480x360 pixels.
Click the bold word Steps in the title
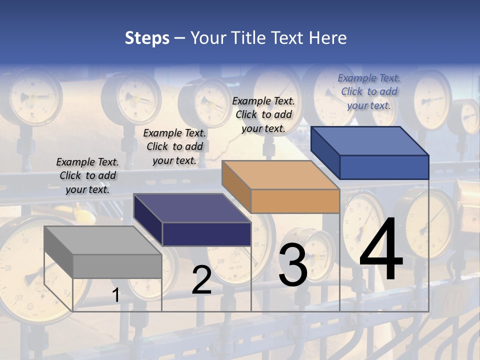point(147,38)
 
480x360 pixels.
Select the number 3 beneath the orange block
point(293,265)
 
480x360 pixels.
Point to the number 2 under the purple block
point(201,279)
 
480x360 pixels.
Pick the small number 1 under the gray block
point(115,295)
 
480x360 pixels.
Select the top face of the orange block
point(280,175)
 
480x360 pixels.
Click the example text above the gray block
point(87,175)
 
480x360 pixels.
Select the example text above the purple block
point(174,146)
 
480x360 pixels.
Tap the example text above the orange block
point(263,114)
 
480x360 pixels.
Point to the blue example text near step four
point(369,91)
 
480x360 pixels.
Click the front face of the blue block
point(384,167)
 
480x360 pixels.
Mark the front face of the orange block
point(295,201)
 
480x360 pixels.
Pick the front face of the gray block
point(117,266)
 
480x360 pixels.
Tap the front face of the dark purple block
point(206,234)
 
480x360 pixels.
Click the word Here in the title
point(328,38)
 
